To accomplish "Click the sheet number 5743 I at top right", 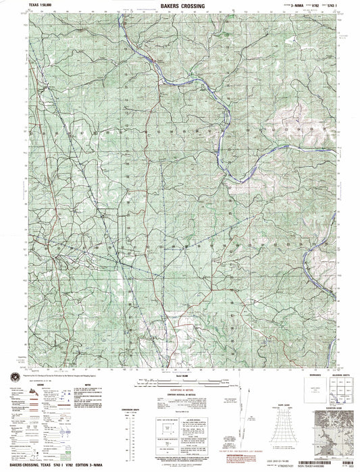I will (336, 5).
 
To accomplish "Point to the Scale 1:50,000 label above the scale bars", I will (180, 375).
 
